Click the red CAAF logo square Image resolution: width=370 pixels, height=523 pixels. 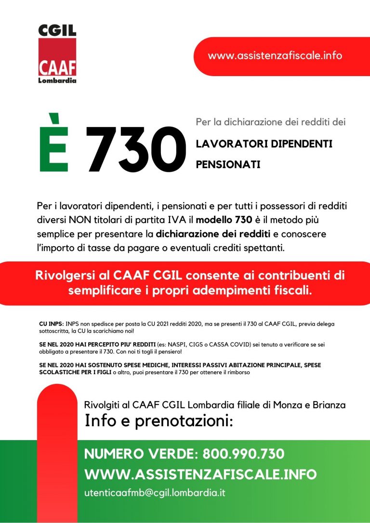(x=57, y=58)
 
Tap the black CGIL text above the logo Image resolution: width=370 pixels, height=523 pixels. (x=57, y=31)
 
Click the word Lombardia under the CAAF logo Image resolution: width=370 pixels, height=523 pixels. (x=57, y=80)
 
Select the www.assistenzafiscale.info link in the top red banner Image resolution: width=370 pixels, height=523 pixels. (x=275, y=55)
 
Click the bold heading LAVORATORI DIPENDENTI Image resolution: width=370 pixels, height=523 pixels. (x=264, y=144)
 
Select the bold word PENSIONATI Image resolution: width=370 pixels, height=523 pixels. (x=228, y=165)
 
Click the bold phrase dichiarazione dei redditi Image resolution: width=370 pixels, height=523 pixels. (x=207, y=234)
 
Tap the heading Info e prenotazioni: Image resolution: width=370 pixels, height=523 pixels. (x=159, y=421)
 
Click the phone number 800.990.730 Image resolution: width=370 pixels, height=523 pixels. (x=243, y=454)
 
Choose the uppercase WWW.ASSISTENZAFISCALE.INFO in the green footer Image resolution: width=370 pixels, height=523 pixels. (x=200, y=474)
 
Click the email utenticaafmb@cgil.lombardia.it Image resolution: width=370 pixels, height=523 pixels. (x=155, y=493)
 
